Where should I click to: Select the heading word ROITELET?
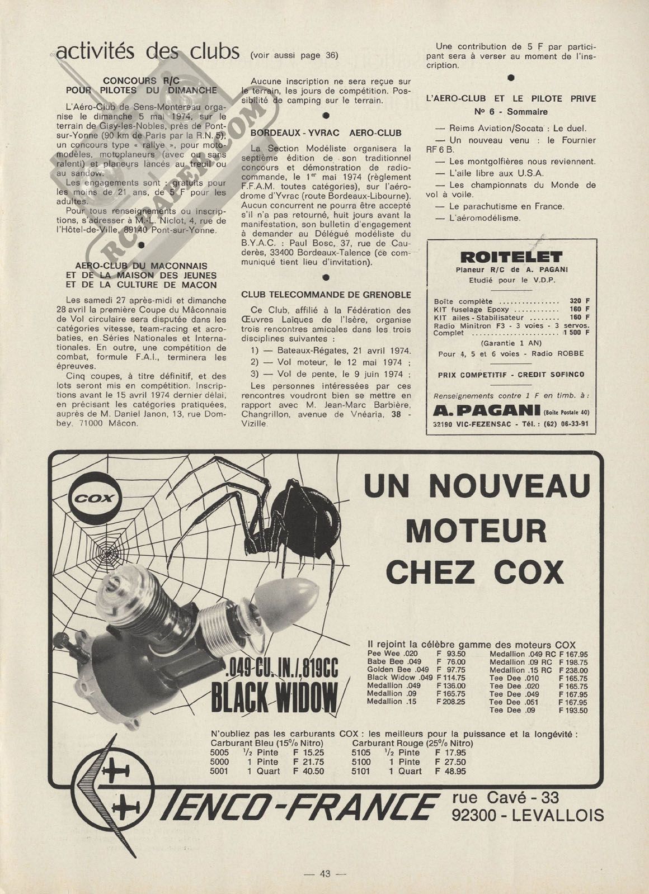(510, 257)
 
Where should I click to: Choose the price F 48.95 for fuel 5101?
(450, 771)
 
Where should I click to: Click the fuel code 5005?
(219, 753)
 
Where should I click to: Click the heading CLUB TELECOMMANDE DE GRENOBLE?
(326, 295)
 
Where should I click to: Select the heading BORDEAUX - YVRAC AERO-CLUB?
(326, 133)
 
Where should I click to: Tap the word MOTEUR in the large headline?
(476, 528)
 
